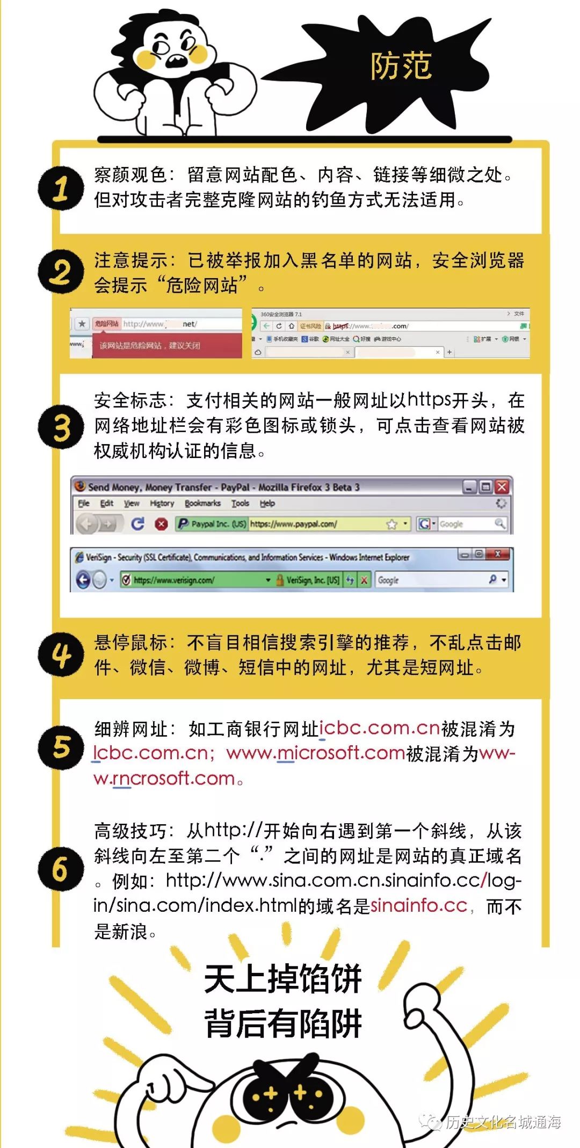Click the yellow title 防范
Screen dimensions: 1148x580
[x=401, y=67]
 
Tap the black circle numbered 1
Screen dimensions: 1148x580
[x=61, y=188]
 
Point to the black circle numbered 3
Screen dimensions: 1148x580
[x=61, y=427]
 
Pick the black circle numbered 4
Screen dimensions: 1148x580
[x=61, y=655]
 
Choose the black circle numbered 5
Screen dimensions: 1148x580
[x=61, y=747]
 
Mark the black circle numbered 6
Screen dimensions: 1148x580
[x=61, y=868]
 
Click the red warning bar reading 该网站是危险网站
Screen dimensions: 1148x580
[x=166, y=345]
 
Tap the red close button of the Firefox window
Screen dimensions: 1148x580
[x=502, y=486]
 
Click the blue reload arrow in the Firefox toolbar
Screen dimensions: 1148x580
[x=138, y=524]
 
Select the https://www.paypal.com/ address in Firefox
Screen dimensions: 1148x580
[x=293, y=524]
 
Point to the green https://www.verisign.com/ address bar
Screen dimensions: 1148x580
[x=193, y=580]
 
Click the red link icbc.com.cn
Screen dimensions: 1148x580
[x=380, y=728]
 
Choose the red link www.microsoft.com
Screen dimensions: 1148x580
[x=315, y=753]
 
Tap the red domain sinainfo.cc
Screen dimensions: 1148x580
[x=418, y=905]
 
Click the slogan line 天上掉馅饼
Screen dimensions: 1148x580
[x=283, y=979]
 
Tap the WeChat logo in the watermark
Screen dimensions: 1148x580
[x=430, y=1121]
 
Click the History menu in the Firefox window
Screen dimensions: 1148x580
[x=162, y=503]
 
